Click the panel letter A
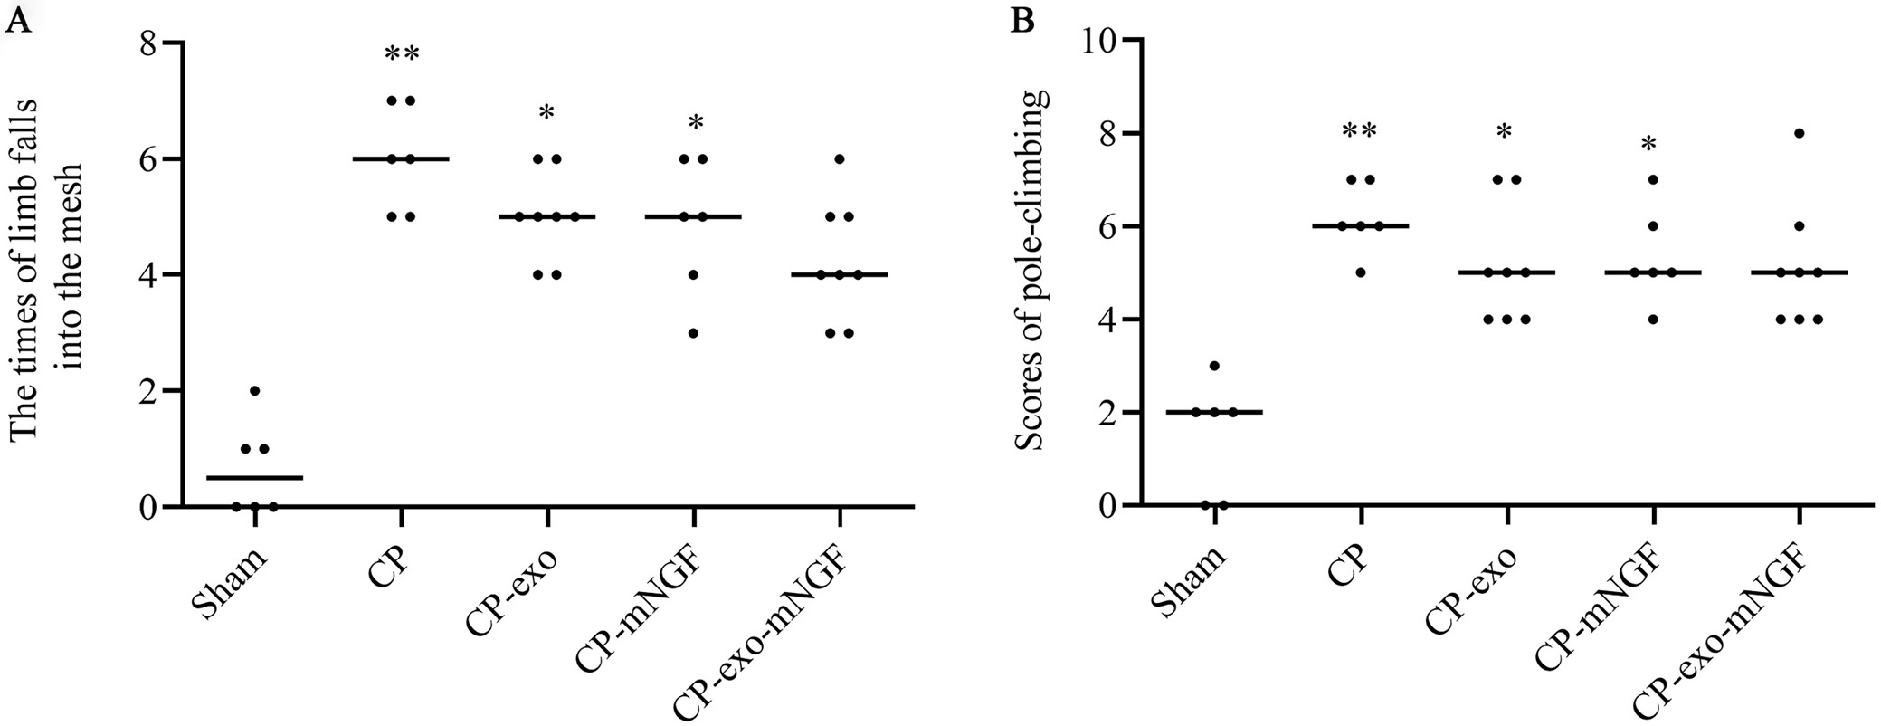[19, 21]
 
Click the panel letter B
[1022, 21]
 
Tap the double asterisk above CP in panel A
[402, 54]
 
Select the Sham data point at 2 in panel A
[255, 391]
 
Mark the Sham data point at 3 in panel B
[1214, 366]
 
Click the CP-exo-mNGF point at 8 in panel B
[1800, 133]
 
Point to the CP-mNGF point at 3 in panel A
[693, 333]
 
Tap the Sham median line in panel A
[255, 477]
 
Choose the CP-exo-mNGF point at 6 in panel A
[840, 159]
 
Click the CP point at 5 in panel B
[1360, 272]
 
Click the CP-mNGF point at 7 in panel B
[1653, 179]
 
